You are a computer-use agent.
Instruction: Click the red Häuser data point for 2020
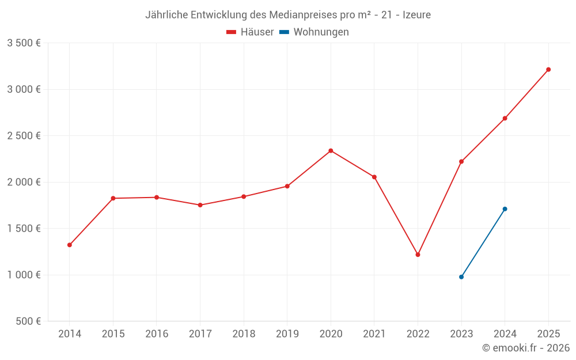pyautogui.click(x=331, y=151)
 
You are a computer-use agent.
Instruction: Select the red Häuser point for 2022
pyautogui.click(x=418, y=255)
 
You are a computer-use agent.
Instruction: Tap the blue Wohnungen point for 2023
pyautogui.click(x=461, y=277)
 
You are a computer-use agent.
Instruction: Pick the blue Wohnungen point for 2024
pyautogui.click(x=505, y=209)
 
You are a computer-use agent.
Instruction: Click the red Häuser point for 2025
pyautogui.click(x=548, y=70)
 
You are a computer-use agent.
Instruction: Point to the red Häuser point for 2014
pyautogui.click(x=70, y=245)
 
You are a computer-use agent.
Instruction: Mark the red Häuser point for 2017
pyautogui.click(x=200, y=205)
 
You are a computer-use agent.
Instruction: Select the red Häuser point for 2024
pyautogui.click(x=505, y=119)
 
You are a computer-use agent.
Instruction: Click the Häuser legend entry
pyautogui.click(x=250, y=32)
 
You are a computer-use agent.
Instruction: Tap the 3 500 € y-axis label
pyautogui.click(x=24, y=43)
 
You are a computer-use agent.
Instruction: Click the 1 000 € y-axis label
pyautogui.click(x=24, y=275)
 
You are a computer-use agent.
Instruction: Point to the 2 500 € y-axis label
pyautogui.click(x=24, y=136)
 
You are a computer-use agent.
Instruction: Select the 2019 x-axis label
pyautogui.click(x=287, y=334)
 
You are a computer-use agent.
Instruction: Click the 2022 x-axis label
pyautogui.click(x=418, y=334)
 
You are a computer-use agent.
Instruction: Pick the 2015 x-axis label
pyautogui.click(x=113, y=334)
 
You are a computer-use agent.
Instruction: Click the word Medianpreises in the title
pyautogui.click(x=304, y=14)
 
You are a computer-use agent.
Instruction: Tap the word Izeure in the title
pyautogui.click(x=416, y=14)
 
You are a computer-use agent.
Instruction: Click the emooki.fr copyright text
pyautogui.click(x=526, y=348)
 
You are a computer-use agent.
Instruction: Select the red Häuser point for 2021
pyautogui.click(x=374, y=177)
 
